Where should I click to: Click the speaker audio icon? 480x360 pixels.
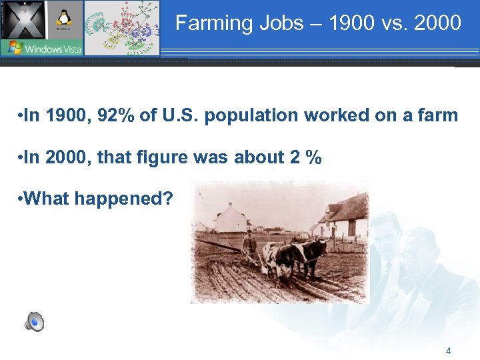(35, 323)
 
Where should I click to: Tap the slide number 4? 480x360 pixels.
(449, 351)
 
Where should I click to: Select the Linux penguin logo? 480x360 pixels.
(65, 20)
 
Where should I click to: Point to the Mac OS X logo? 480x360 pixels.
(23, 19)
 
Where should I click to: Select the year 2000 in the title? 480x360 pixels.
(437, 23)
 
